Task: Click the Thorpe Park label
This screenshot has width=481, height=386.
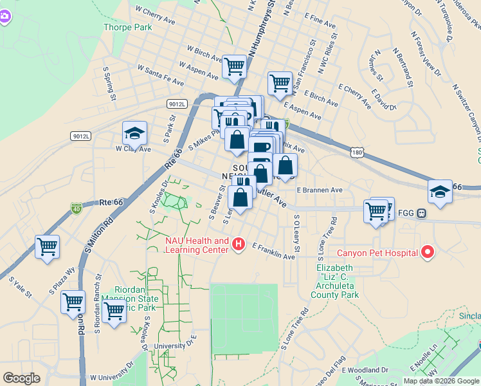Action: point(127,27)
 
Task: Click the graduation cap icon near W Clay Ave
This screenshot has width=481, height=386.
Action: point(134,133)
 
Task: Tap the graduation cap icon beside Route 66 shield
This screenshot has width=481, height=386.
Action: point(440,192)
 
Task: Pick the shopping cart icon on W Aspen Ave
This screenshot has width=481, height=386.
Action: point(235,65)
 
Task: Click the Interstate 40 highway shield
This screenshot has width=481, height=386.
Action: point(77,208)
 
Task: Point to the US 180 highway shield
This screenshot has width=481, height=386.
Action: point(358,152)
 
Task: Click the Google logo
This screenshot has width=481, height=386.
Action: point(22,378)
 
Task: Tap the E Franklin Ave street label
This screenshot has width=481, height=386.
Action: point(273,252)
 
